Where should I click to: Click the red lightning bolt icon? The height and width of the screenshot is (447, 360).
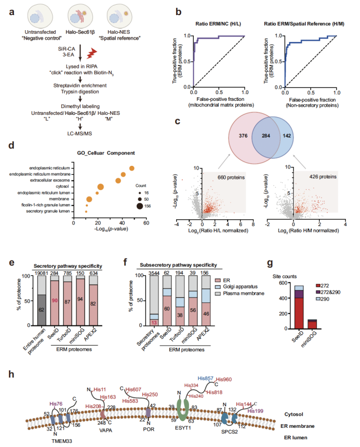pyautogui.click(x=91, y=53)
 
